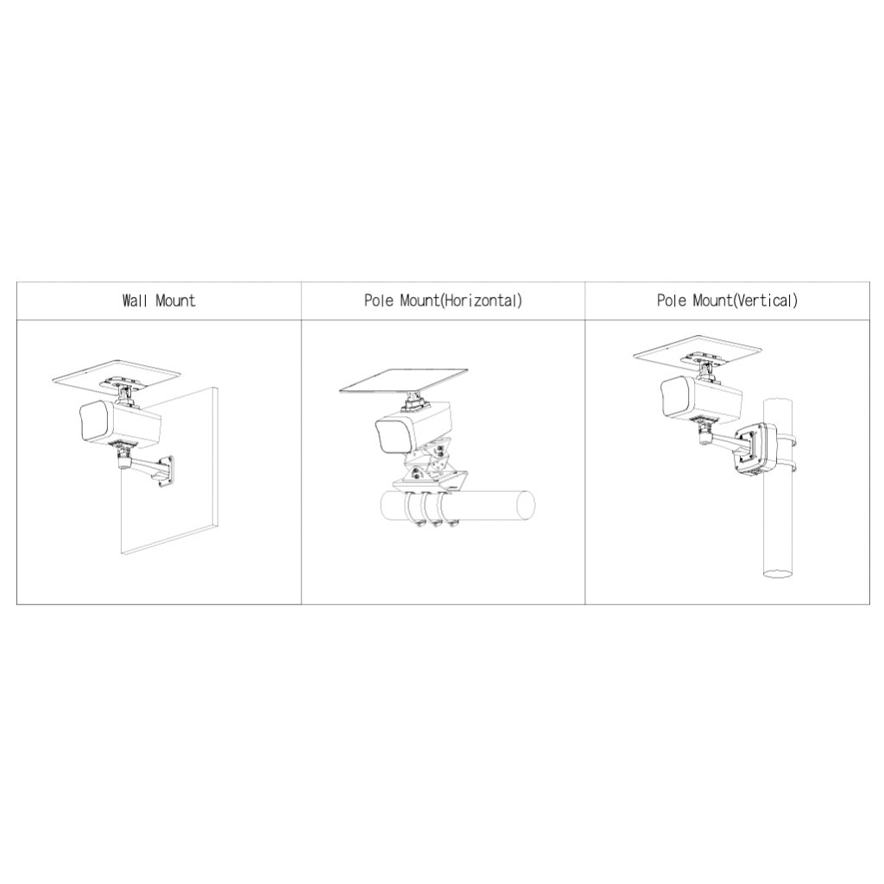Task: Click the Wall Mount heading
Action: pos(159,300)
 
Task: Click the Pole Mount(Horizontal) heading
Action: pos(443,300)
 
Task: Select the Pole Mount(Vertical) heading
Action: pos(727,300)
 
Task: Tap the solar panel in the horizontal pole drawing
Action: pos(404,382)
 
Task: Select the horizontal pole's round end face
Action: pos(526,504)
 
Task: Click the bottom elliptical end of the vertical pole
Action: pos(779,573)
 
